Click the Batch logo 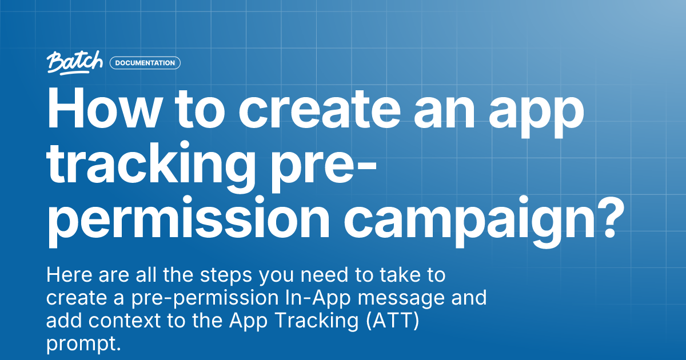pyautogui.click(x=75, y=62)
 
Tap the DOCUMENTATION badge pyautogui.click(x=145, y=63)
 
